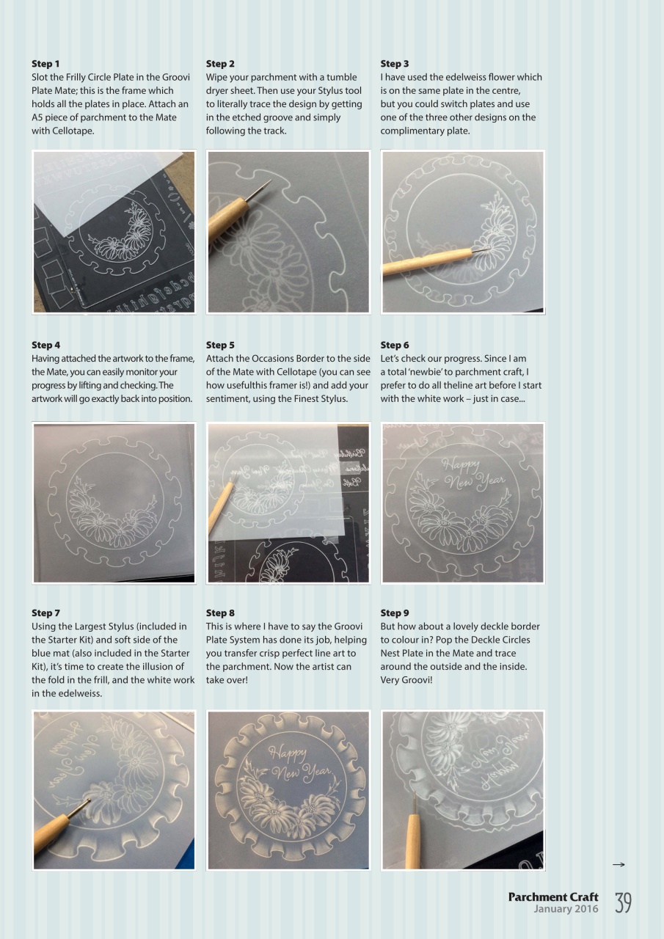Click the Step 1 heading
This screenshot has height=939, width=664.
click(45, 64)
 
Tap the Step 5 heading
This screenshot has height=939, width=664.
click(220, 345)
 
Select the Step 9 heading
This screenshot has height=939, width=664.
click(395, 613)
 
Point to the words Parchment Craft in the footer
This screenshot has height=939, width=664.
click(552, 897)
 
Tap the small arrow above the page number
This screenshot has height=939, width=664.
click(618, 866)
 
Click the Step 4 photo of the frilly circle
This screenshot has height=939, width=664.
click(114, 503)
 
